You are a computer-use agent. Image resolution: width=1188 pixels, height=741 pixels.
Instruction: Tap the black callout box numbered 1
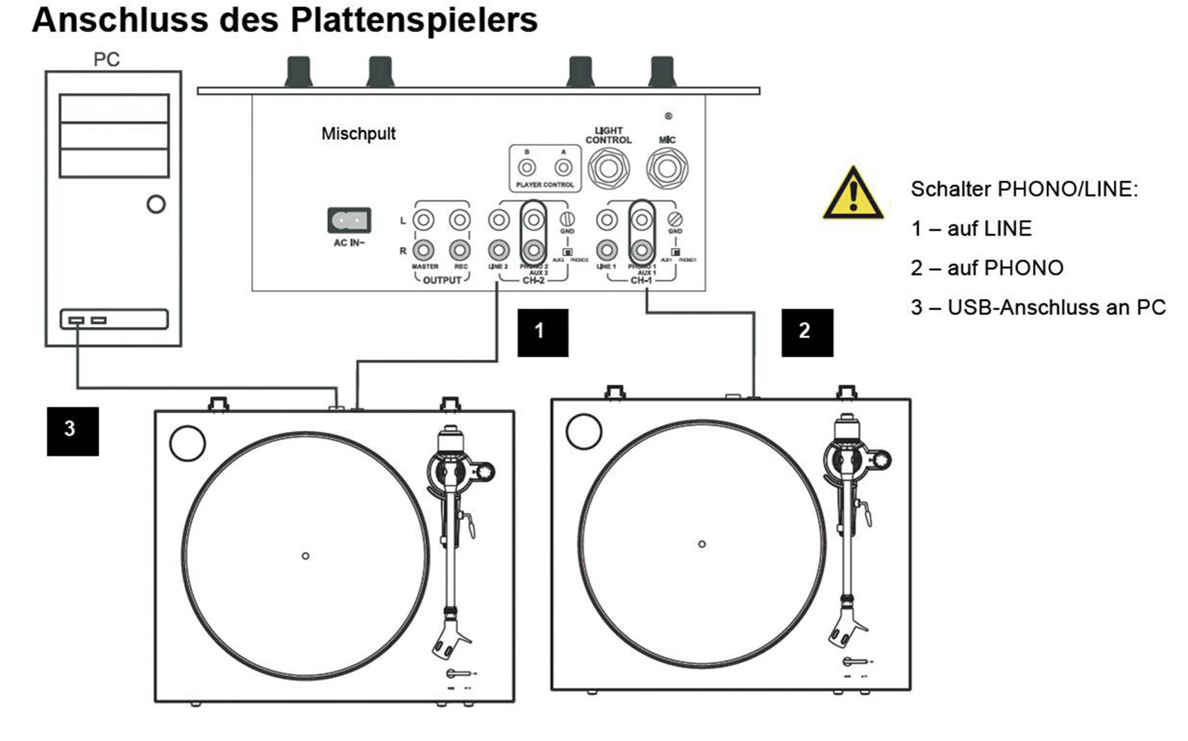point(543,332)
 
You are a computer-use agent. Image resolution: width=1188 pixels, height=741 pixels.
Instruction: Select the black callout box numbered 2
point(807,332)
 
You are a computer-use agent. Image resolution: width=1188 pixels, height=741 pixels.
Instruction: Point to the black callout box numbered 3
point(72,431)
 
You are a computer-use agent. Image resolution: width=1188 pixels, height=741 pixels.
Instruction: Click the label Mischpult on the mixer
point(358,134)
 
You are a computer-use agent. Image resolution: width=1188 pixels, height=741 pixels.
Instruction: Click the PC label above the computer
point(106,60)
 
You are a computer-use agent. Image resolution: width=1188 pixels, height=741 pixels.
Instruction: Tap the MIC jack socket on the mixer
point(667,169)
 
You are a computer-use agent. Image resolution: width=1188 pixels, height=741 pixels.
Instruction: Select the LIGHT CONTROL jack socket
point(608,169)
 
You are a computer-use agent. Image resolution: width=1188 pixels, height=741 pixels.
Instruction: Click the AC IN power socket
point(349,220)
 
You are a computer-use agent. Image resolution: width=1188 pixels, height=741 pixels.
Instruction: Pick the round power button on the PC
point(156,204)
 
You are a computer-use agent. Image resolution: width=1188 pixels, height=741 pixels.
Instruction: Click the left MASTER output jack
point(423,220)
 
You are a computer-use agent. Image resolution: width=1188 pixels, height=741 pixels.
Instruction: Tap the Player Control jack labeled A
point(563,168)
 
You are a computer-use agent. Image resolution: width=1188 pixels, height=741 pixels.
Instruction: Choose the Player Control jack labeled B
point(527,168)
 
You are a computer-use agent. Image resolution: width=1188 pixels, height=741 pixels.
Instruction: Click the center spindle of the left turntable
point(305,556)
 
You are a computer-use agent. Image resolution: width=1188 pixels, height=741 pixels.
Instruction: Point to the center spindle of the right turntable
point(702,544)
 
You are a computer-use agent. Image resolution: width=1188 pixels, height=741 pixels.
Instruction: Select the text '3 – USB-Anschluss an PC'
point(1038,308)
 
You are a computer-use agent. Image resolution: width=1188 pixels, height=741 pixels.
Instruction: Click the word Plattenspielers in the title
point(414,21)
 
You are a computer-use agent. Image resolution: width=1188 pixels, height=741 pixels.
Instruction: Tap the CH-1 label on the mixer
point(641,280)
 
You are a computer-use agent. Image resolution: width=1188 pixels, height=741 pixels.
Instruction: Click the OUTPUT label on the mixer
point(442,280)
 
